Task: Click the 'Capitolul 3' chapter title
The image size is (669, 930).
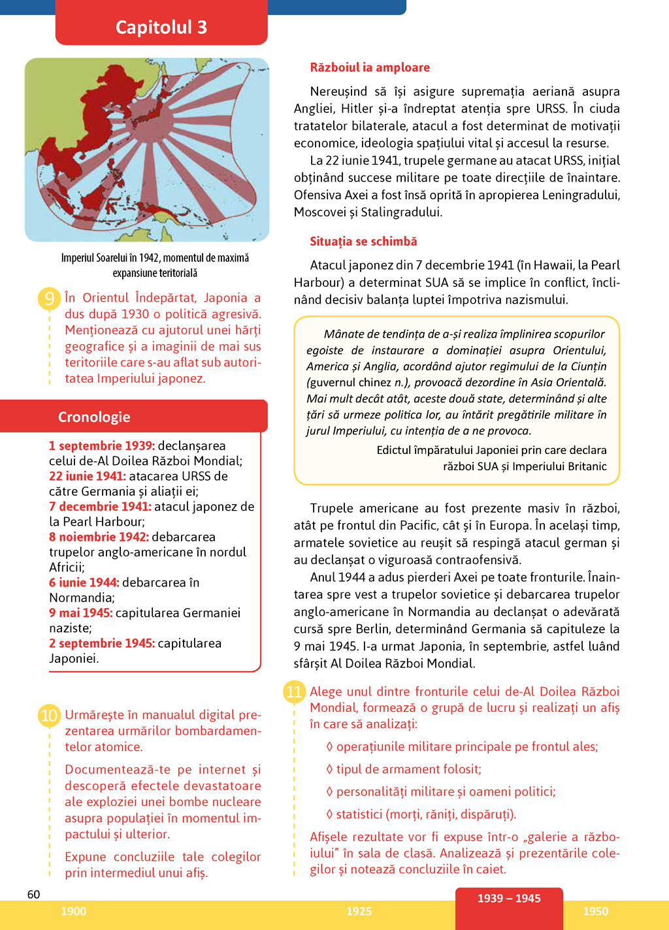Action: point(161,27)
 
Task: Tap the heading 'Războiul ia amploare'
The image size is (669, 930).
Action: point(370,67)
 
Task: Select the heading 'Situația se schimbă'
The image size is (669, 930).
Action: point(363,241)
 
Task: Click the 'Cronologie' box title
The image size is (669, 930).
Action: point(94,417)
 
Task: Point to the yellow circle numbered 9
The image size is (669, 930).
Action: point(50,298)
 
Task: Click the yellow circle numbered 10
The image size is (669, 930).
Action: point(50,716)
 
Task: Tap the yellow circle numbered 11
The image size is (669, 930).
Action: point(295,692)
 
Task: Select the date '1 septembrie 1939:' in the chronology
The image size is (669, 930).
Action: point(102,445)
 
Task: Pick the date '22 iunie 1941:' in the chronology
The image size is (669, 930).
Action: point(88,476)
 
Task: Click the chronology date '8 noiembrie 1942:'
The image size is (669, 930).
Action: point(99,537)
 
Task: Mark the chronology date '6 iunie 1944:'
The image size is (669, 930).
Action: point(84,583)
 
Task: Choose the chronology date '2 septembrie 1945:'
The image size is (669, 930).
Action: point(102,643)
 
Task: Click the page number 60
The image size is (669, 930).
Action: point(33,894)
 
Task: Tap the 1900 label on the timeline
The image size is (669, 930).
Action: point(73,911)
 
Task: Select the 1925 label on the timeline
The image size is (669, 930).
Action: point(359,911)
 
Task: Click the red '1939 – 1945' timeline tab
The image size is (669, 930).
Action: point(509,899)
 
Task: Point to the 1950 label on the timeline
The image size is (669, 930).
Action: point(595,911)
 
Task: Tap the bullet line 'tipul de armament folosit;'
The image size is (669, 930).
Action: point(408,769)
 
